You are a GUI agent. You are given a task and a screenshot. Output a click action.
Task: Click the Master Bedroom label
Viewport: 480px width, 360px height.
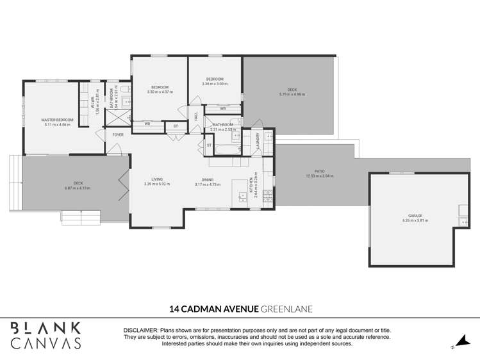58,120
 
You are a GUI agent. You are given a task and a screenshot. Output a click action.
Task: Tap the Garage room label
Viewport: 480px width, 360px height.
412,217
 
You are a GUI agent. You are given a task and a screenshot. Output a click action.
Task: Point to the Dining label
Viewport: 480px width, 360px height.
208,179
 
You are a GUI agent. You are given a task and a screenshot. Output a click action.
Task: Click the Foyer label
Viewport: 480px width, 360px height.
118,135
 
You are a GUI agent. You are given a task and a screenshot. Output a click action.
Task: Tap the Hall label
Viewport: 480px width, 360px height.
196,116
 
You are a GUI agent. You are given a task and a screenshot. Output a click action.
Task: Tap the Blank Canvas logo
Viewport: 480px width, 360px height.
46,335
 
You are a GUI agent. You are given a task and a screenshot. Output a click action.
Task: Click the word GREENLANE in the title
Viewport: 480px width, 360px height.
286,309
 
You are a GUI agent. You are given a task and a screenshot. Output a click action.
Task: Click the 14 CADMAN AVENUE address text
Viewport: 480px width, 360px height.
213,309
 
